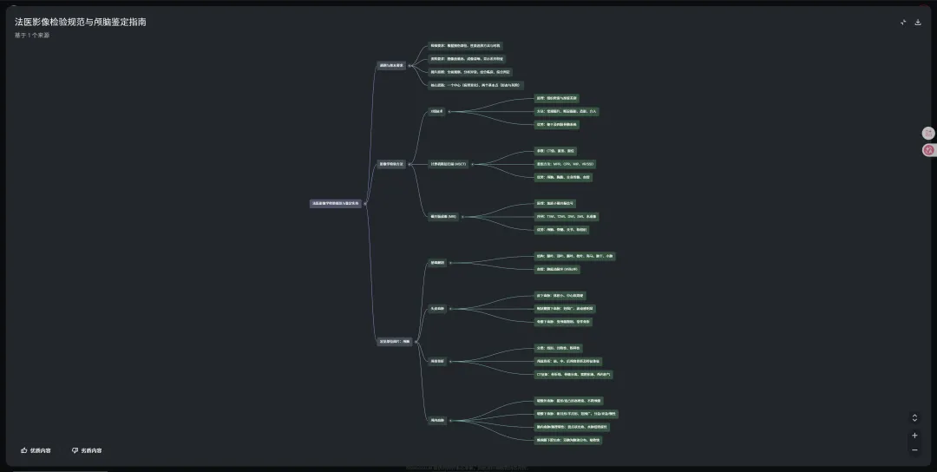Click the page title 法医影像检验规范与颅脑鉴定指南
click(80, 22)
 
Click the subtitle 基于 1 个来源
click(32, 36)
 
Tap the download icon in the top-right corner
click(918, 23)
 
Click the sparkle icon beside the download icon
click(903, 23)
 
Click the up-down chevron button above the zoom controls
click(914, 417)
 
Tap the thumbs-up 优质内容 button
click(36, 450)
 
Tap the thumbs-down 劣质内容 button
click(87, 450)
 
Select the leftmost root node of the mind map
click(336, 204)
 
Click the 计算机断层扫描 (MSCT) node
click(449, 164)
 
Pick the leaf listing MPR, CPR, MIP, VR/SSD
click(565, 164)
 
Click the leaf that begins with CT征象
click(573, 374)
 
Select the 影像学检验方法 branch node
click(391, 164)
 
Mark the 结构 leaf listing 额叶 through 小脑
click(574, 256)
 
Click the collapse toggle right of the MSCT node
click(473, 164)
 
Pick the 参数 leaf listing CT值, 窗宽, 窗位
click(555, 151)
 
